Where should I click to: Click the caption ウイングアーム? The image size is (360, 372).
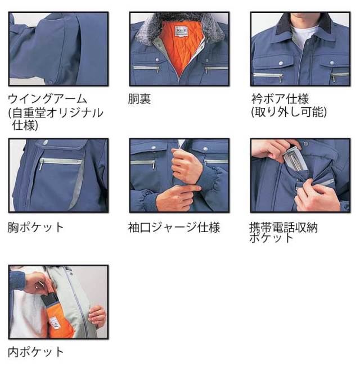47,99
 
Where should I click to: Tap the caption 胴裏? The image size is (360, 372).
139,99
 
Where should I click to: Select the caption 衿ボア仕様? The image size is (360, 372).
280,99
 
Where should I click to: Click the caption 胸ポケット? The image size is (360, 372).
36,227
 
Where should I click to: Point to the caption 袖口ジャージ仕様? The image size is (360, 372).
174,227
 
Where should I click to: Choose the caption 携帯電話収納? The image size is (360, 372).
283,227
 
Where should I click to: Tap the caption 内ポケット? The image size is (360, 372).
36,352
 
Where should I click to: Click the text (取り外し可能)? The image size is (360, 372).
289,112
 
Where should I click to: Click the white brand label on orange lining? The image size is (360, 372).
182,31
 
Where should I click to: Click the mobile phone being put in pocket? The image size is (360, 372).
294,158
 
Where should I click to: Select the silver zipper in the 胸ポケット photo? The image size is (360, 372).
60,162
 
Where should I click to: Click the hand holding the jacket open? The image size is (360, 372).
97,317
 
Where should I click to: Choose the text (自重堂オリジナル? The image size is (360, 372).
56,112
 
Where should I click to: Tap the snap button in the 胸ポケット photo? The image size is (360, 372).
45,142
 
